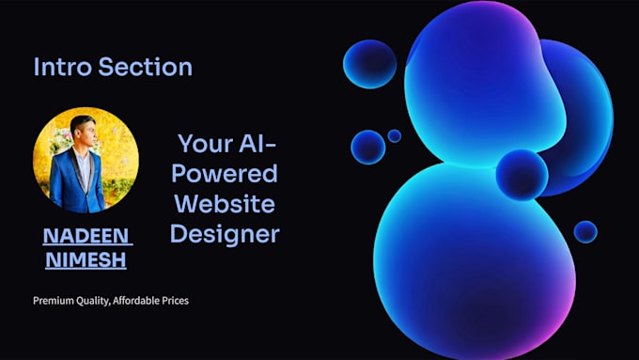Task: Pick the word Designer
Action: coord(225,233)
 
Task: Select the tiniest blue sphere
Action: coord(394,136)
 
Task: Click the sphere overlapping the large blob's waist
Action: coord(522,174)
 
